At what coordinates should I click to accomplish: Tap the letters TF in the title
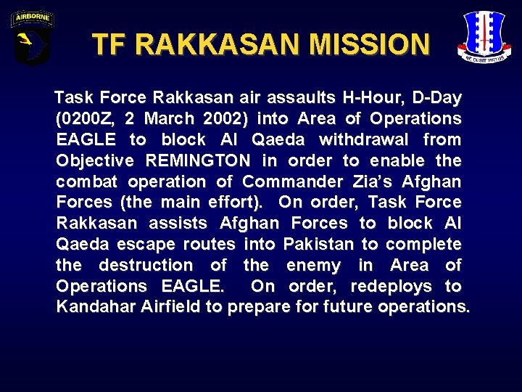pyautogui.click(x=108, y=45)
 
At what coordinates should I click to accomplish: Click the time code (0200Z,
pyautogui.click(x=92, y=118)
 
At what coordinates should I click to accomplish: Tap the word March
pyautogui.click(x=170, y=118)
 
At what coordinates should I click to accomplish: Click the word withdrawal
pyautogui.click(x=363, y=139)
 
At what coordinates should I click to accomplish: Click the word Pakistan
pyautogui.click(x=316, y=245)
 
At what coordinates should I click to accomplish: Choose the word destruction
pyautogui.click(x=145, y=266)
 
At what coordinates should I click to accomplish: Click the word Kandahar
pyautogui.click(x=92, y=307)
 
